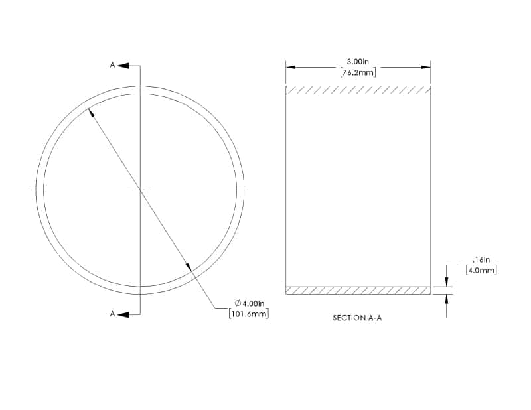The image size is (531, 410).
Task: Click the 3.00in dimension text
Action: [358, 62]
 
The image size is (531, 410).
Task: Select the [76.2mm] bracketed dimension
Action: [358, 72]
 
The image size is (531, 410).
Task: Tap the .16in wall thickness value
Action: [481, 260]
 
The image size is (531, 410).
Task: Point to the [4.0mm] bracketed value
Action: [481, 271]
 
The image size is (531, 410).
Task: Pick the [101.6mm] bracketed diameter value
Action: [249, 314]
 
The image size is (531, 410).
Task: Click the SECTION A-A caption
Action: [357, 318]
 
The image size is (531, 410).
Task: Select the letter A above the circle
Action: [112, 64]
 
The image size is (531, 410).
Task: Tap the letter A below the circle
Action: [112, 314]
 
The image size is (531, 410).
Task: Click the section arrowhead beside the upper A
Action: [123, 65]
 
